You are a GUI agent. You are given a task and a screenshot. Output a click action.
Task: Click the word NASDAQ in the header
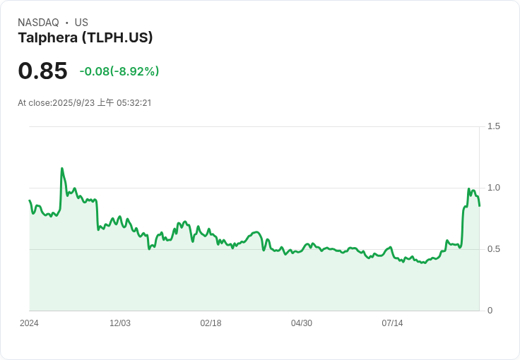tap(38, 23)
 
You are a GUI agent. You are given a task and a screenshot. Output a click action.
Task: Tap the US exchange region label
tap(81, 23)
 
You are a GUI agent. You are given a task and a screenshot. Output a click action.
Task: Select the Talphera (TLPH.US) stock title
tap(85, 38)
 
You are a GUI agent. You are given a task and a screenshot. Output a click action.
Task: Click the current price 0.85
tap(42, 71)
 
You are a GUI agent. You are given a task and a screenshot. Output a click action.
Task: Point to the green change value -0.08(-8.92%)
tap(119, 71)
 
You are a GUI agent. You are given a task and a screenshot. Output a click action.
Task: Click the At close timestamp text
tap(85, 103)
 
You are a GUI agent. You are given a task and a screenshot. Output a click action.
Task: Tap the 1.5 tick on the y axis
tap(494, 126)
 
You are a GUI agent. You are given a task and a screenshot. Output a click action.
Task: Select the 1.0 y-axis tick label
tap(494, 188)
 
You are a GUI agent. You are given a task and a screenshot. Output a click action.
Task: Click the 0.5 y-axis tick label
tap(494, 249)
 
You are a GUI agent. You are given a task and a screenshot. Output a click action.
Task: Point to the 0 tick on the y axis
tap(490, 311)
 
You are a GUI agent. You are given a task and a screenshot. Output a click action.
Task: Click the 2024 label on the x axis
tap(29, 323)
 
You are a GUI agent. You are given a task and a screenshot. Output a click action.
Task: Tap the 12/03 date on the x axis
tap(120, 323)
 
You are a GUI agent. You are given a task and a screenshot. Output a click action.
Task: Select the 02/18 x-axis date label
tap(211, 323)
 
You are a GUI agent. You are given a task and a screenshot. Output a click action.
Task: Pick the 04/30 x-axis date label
tap(302, 323)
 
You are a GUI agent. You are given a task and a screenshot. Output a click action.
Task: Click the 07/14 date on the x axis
tap(392, 323)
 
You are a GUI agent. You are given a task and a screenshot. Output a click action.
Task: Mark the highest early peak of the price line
tap(62, 168)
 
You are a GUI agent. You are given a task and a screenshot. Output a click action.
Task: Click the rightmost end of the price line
tap(479, 205)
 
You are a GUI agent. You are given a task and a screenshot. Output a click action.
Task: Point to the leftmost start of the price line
tap(29, 200)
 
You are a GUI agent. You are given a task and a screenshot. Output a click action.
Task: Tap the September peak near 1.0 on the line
tap(469, 188)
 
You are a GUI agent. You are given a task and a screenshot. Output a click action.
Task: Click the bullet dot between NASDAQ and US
tap(66, 23)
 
